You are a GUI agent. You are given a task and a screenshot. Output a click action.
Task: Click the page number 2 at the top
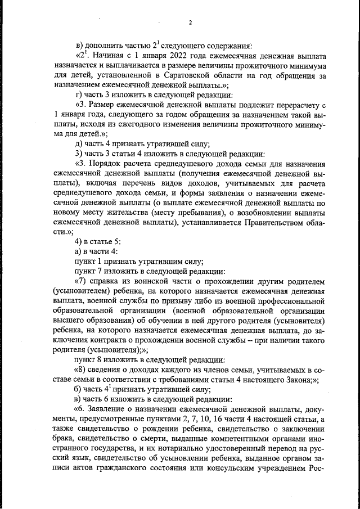(190, 23)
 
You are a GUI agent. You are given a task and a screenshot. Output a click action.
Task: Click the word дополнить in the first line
(106, 46)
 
